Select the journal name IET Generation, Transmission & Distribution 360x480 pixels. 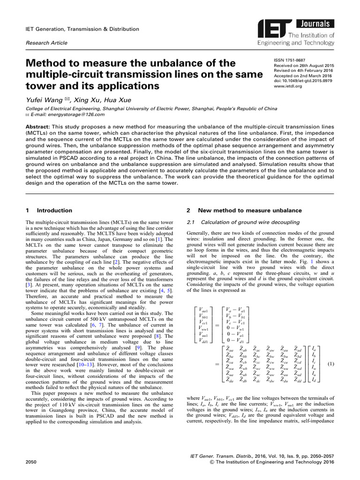click(x=82, y=29)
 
